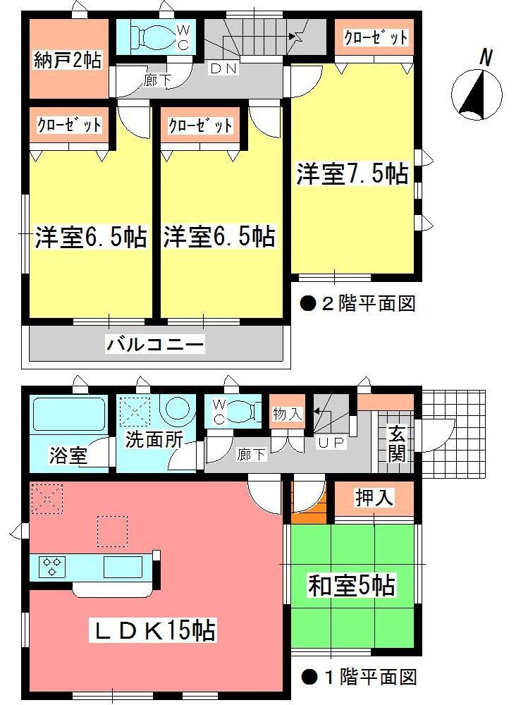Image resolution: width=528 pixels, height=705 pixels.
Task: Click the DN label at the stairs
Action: (225, 69)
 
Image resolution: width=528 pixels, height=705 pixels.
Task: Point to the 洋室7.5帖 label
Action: (352, 173)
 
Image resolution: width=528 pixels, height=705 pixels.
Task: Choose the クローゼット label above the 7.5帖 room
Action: (375, 38)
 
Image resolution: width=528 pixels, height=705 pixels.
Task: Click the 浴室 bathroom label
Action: (68, 455)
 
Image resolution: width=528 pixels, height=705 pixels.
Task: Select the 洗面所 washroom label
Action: (154, 439)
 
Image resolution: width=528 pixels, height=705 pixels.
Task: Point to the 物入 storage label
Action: (287, 415)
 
